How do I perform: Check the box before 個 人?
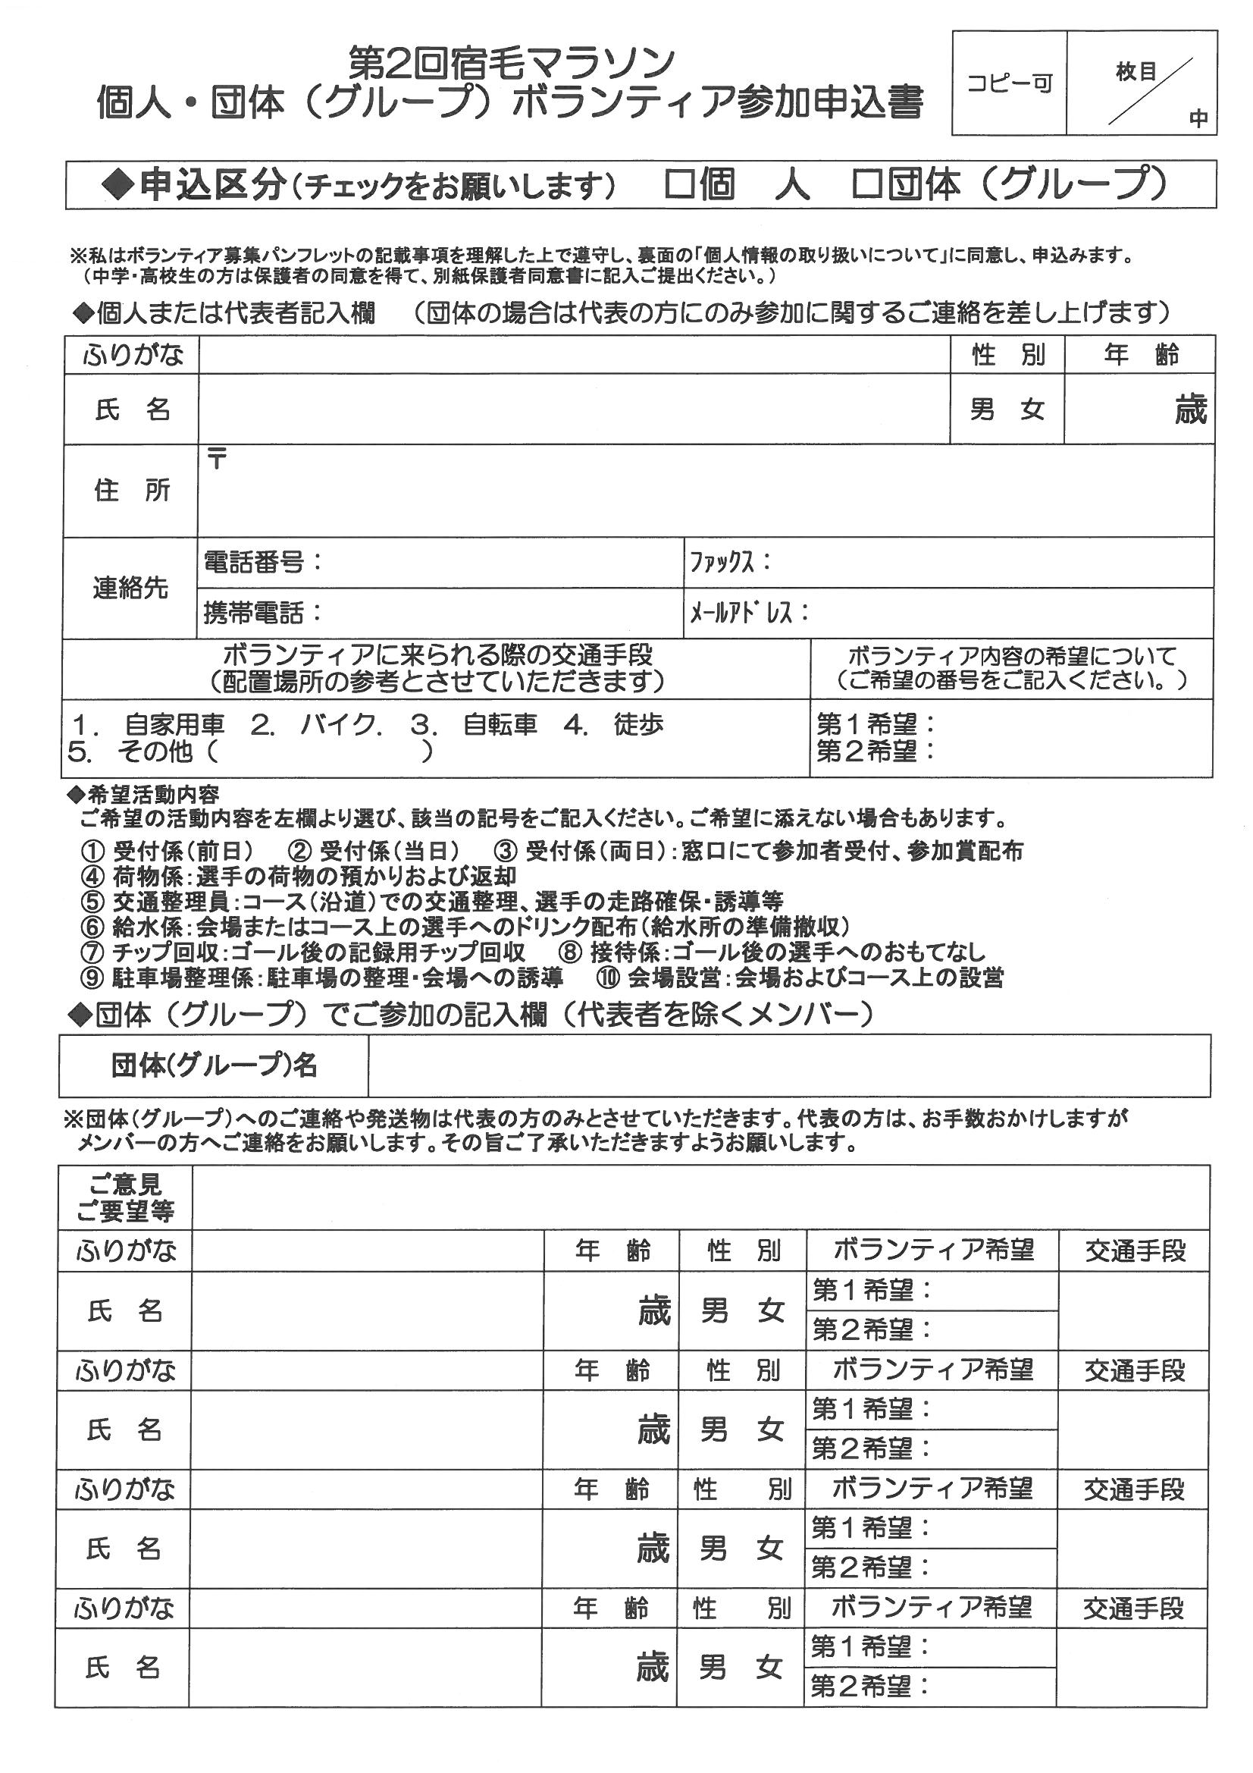pyautogui.click(x=678, y=184)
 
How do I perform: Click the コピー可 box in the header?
pyautogui.click(x=1009, y=83)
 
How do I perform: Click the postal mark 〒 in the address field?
pyautogui.click(x=217, y=460)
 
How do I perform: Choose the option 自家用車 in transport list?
pyautogui.click(x=174, y=724)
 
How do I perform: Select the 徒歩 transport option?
pyautogui.click(x=638, y=724)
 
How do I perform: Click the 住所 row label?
pyautogui.click(x=131, y=491)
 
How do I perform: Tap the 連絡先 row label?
pyautogui.click(x=130, y=588)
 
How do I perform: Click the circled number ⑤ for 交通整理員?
pyautogui.click(x=92, y=901)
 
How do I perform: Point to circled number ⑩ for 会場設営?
pyautogui.click(x=608, y=978)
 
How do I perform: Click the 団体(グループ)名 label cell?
pyautogui.click(x=214, y=1065)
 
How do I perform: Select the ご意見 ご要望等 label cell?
pyautogui.click(x=125, y=1197)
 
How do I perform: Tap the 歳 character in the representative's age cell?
pyautogui.click(x=1189, y=410)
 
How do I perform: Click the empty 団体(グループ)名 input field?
pyautogui.click(x=788, y=1065)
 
